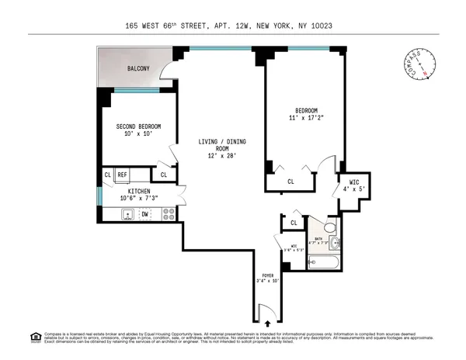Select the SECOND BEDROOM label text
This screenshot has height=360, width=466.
(138, 126)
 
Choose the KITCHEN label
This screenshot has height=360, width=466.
(138, 190)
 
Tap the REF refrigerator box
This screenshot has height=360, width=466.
(123, 175)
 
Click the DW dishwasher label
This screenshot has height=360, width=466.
(145, 213)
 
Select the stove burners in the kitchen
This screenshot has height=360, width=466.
(168, 214)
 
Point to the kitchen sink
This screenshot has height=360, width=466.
(125, 214)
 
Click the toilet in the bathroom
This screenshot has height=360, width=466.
(329, 227)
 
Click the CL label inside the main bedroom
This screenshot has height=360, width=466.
(290, 182)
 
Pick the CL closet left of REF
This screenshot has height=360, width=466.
(108, 175)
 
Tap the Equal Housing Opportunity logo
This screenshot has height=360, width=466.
(35, 337)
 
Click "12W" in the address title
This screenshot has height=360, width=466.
(254, 26)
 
